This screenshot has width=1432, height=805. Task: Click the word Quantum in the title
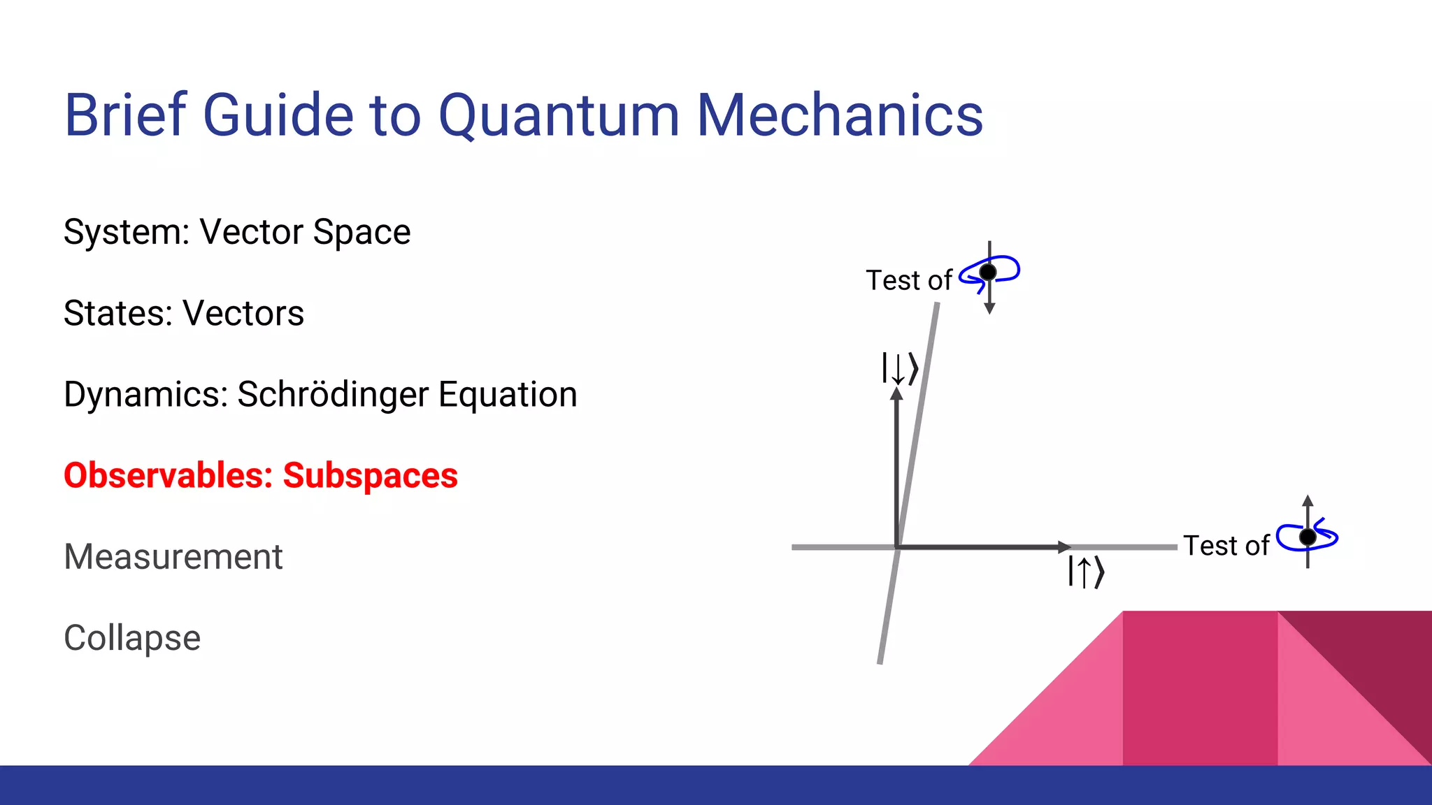tap(558, 116)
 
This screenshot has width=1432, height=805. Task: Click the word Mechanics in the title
tap(840, 115)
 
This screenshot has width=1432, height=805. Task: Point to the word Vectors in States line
tap(243, 314)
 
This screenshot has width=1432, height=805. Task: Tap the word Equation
tap(508, 395)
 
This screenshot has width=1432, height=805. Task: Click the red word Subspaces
tap(370, 476)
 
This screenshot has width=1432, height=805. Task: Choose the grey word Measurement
tap(173, 557)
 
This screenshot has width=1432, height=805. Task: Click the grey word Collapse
tap(132, 638)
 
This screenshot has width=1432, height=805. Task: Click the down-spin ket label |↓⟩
tap(899, 368)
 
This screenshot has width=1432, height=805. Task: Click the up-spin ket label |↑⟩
tap(1085, 572)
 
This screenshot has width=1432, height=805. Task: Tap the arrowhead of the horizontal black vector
tap(1064, 546)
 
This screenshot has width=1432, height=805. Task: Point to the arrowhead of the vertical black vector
tap(896, 393)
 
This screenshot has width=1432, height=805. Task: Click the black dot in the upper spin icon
tap(988, 271)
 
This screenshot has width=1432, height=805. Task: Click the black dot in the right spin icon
tap(1308, 537)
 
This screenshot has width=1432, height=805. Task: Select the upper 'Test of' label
tap(908, 281)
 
